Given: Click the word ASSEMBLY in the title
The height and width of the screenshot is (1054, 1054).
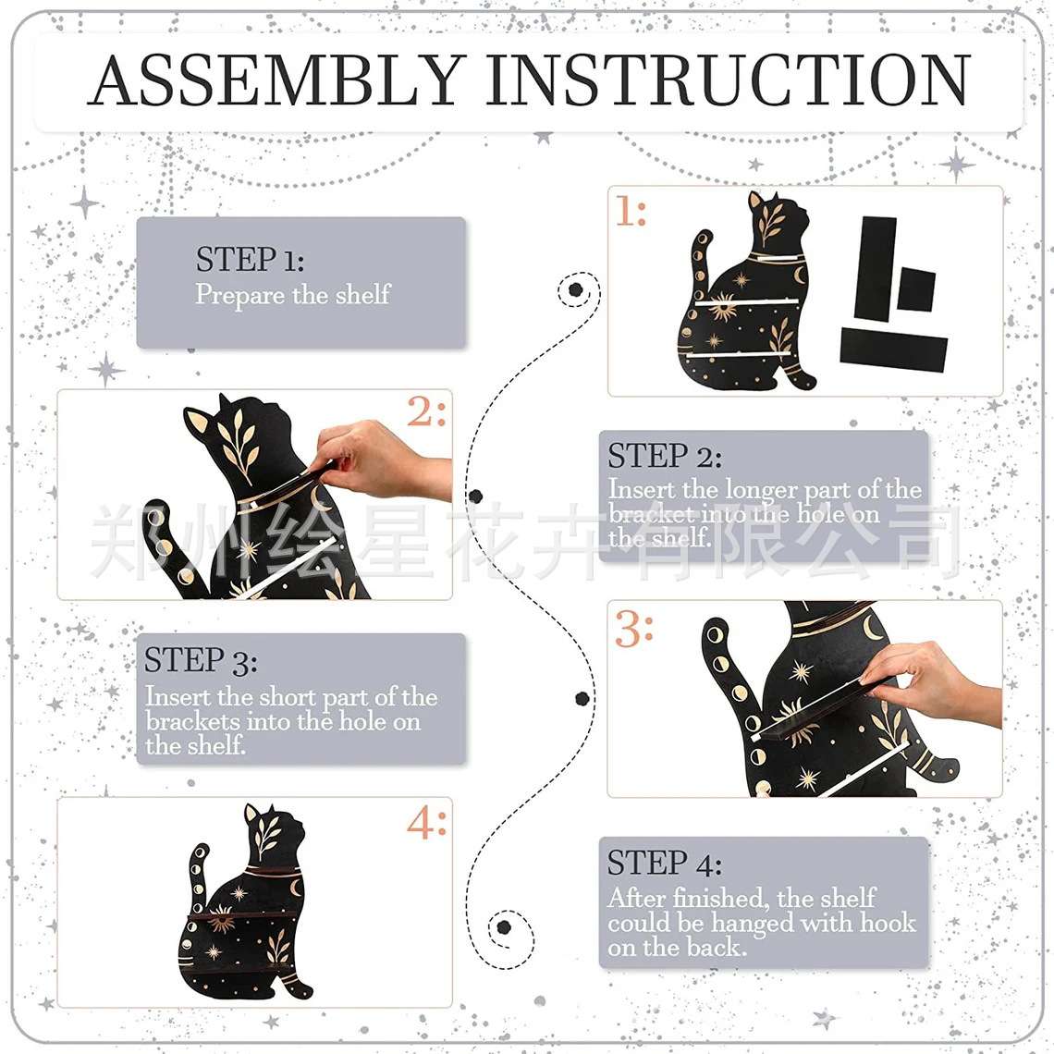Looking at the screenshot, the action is pyautogui.click(x=277, y=80).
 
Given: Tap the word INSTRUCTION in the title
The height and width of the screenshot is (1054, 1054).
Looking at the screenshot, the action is pyautogui.click(x=728, y=80).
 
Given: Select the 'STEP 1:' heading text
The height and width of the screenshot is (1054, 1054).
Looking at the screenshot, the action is pyautogui.click(x=250, y=260).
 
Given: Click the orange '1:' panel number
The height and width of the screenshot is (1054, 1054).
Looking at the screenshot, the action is pyautogui.click(x=631, y=212).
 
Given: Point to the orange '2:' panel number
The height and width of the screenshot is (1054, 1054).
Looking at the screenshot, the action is pyautogui.click(x=426, y=411).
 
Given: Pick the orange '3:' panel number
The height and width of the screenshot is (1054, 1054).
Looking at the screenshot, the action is pyautogui.click(x=633, y=630).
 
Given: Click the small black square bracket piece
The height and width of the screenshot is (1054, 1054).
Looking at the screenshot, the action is pyautogui.click(x=915, y=289).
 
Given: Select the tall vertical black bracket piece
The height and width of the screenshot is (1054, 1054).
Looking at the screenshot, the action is pyautogui.click(x=876, y=267).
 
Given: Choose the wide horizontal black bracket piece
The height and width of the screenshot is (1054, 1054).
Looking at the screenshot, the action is pyautogui.click(x=893, y=349).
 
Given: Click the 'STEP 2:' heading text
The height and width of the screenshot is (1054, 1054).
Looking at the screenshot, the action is pyautogui.click(x=665, y=457).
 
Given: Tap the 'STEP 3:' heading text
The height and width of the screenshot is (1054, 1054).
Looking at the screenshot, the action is pyautogui.click(x=201, y=660).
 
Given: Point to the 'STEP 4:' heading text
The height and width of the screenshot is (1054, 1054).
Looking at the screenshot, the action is pyautogui.click(x=664, y=864).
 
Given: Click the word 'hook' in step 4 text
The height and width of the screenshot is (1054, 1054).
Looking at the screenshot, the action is pyautogui.click(x=888, y=923).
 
